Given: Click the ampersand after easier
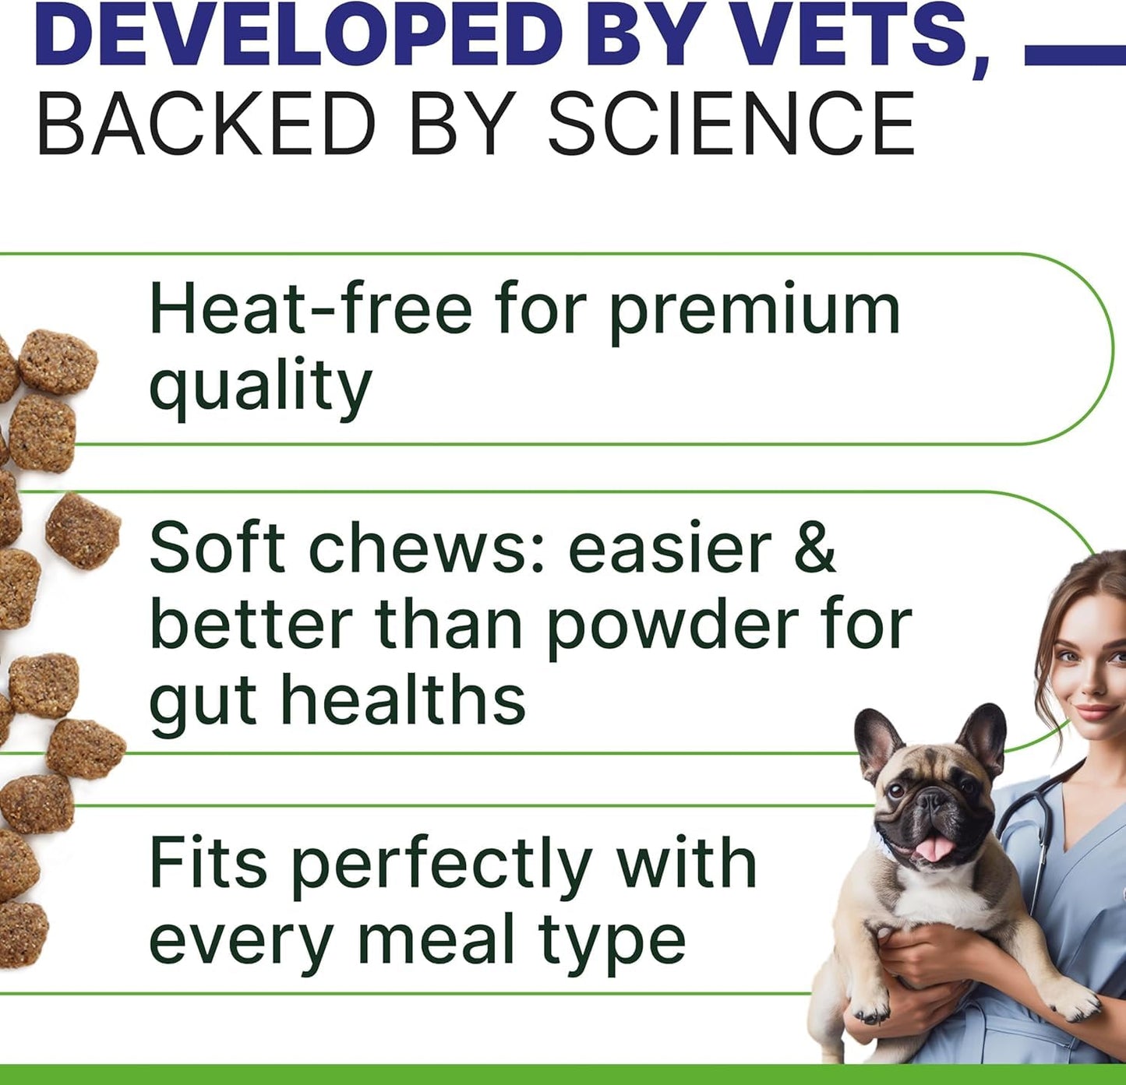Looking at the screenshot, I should pyautogui.click(x=815, y=548).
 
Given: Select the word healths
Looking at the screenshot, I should pyautogui.click(x=404, y=699).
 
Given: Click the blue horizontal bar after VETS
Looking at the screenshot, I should pyautogui.click(x=1075, y=56).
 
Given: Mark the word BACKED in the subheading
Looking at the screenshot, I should pyautogui.click(x=206, y=125).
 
